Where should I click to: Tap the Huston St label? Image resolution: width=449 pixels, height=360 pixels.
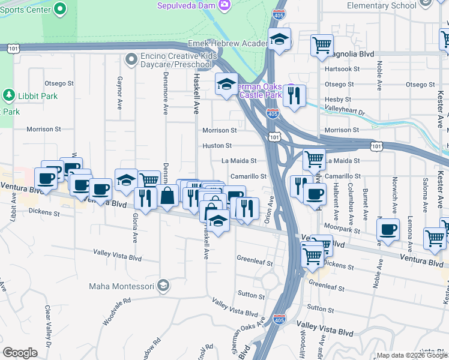click(x=217, y=145)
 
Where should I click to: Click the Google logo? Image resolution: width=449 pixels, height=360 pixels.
click(x=20, y=353)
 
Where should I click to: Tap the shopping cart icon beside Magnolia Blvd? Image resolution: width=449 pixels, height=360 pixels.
click(x=322, y=44)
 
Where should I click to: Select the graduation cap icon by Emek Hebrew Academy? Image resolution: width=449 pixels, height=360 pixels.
click(x=279, y=39)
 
